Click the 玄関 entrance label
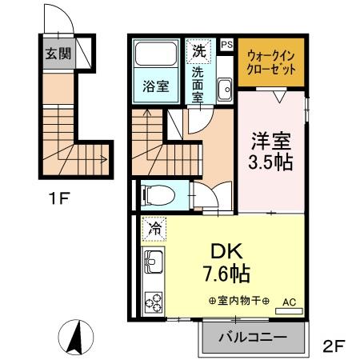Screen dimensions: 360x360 pyautogui.click(x=56, y=56)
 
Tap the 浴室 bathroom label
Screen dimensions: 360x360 pyautogui.click(x=155, y=86)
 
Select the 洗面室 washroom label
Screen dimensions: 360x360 pyautogui.click(x=198, y=83)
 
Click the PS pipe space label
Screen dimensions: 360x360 pyautogui.click(x=226, y=45)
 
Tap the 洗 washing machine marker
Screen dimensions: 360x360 pyautogui.click(x=198, y=50)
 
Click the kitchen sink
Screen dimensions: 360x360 pyautogui.click(x=152, y=262)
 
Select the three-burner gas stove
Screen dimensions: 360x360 pyautogui.click(x=153, y=302)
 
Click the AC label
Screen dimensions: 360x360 pyautogui.click(x=290, y=302)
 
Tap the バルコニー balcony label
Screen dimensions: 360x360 pyautogui.click(x=254, y=338)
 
